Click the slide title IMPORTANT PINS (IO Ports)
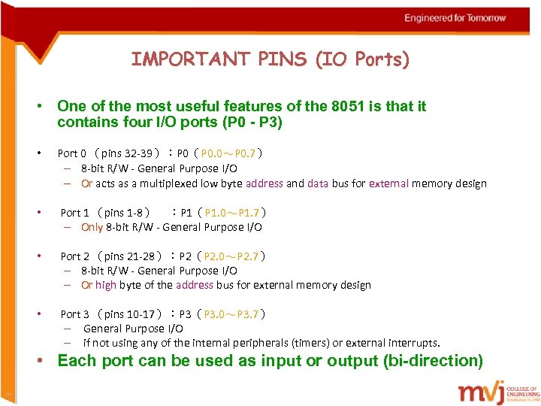[270, 59]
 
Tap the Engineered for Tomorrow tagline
[455, 17]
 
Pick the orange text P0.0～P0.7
[228, 153]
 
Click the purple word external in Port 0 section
[390, 183]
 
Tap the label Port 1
[74, 213]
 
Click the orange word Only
[92, 227]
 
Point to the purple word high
[106, 285]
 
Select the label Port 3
[74, 314]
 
